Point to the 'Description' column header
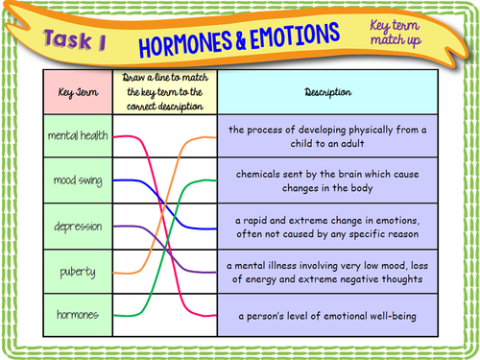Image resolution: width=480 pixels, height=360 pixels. click(327, 92)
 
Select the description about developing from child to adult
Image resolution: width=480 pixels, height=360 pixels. click(327, 136)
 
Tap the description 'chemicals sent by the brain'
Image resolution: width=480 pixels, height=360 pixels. click(327, 181)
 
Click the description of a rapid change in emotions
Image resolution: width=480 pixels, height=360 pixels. click(327, 227)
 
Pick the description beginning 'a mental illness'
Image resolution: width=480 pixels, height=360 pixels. click(327, 272)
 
